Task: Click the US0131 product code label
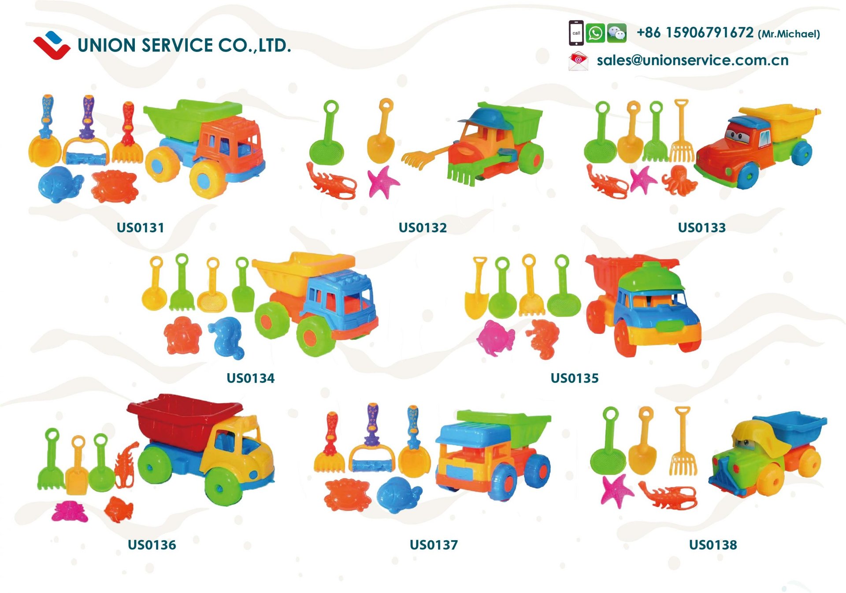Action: click(x=140, y=228)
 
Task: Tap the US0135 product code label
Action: click(x=574, y=378)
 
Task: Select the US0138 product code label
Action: click(x=712, y=545)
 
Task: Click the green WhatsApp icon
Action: click(x=595, y=33)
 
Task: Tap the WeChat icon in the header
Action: click(x=616, y=33)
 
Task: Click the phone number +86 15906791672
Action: click(x=695, y=33)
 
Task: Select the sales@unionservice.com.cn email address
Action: click(x=692, y=60)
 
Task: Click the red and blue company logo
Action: click(x=52, y=45)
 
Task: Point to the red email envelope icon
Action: click(x=578, y=61)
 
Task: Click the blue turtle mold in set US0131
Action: click(x=60, y=184)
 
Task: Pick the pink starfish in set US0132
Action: click(x=382, y=181)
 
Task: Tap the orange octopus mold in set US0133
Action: click(x=680, y=180)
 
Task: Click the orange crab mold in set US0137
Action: click(x=347, y=495)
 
